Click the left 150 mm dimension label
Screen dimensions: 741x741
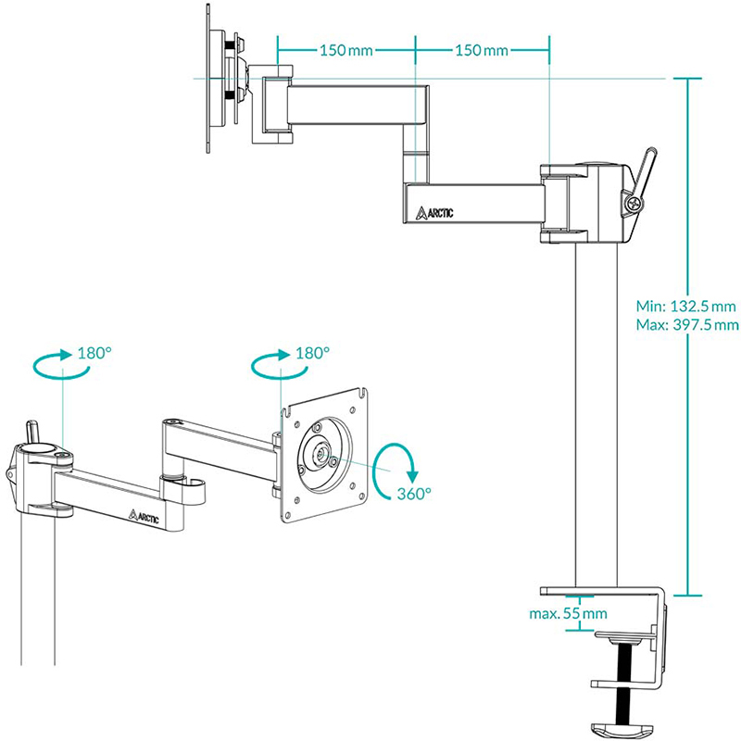click(x=345, y=49)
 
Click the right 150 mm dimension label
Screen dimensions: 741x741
click(x=482, y=49)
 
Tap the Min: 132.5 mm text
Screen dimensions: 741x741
click(x=686, y=307)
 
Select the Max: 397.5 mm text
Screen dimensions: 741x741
click(x=687, y=324)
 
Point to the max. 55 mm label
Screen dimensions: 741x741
click(x=568, y=613)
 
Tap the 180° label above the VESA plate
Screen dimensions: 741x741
click(x=312, y=353)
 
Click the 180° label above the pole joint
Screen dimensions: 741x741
click(x=94, y=353)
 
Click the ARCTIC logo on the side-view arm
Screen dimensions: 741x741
click(x=434, y=212)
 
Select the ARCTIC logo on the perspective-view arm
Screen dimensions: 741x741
click(x=144, y=516)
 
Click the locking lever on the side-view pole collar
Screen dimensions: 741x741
click(x=644, y=167)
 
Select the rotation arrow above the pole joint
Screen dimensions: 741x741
click(x=61, y=365)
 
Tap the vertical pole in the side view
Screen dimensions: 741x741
click(x=597, y=417)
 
